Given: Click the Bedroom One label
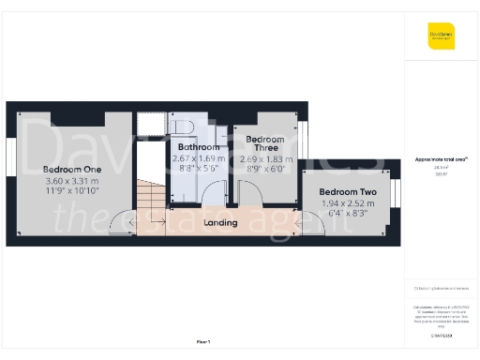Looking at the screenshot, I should point(71,170).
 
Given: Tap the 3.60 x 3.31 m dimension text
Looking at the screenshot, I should point(71,181).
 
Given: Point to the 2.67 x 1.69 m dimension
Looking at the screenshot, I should point(199,158).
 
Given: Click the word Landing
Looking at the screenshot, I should point(219,222).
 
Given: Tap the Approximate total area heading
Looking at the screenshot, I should point(441,159).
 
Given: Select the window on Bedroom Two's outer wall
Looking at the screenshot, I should point(395,193).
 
